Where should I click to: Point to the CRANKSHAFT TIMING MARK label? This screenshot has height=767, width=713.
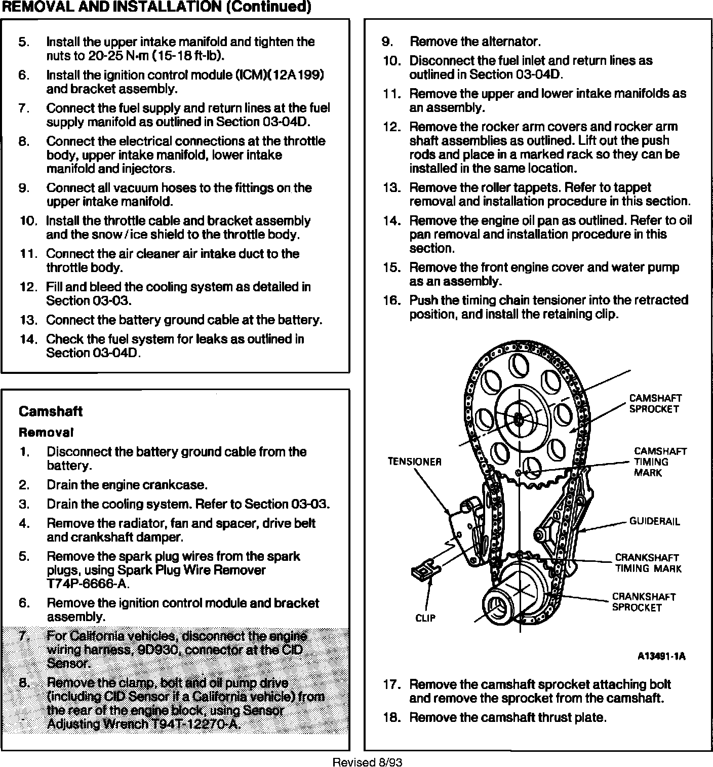coord(648,563)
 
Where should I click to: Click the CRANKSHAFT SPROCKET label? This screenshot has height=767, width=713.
coord(644,602)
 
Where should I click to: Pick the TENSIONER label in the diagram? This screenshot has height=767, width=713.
coord(414,462)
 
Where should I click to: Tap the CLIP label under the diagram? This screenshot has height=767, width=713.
coord(425,618)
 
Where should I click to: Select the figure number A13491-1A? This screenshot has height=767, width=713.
coord(661,657)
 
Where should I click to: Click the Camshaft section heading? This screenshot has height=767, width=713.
coord(51,411)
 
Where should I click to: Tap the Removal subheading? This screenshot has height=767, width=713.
coord(46,433)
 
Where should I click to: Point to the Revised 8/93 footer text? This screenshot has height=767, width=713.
coord(367,762)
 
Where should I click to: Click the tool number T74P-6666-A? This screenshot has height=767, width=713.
coord(88,584)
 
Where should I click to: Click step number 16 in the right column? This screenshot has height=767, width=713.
coord(391,300)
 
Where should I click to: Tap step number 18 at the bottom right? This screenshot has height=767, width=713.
coord(391,717)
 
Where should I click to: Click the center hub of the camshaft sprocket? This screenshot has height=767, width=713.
coord(518,419)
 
